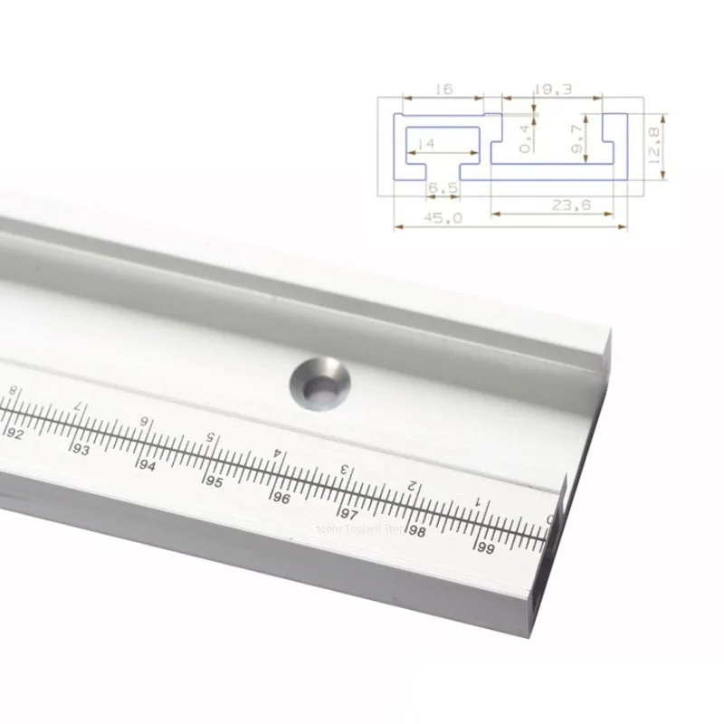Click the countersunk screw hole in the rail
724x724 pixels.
pyautogui.click(x=318, y=383)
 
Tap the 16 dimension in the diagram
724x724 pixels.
pyautogui.click(x=443, y=89)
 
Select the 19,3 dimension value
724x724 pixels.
pyautogui.click(x=553, y=89)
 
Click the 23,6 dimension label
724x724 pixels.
pyautogui.click(x=571, y=205)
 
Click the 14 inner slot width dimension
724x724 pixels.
pyautogui.click(x=426, y=143)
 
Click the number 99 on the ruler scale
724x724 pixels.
pyautogui.click(x=487, y=548)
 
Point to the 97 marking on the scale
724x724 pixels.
pyautogui.click(x=348, y=513)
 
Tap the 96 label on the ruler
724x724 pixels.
pyautogui.click(x=280, y=497)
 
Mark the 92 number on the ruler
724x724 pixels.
pyautogui.click(x=15, y=433)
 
